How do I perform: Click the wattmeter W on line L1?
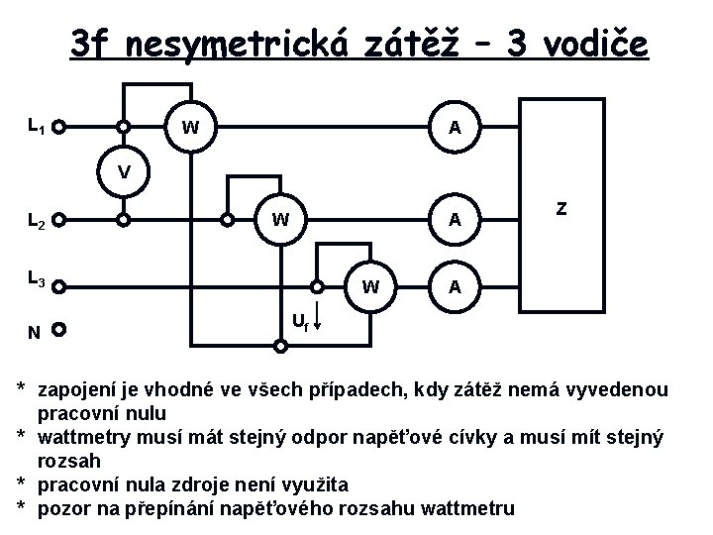tap(191, 127)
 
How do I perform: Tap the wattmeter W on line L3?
tap(369, 288)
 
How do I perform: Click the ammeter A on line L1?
tap(453, 127)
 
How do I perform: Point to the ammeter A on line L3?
tap(453, 288)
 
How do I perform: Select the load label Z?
tap(561, 209)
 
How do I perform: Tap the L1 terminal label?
tap(36, 126)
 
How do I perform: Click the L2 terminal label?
tap(36, 221)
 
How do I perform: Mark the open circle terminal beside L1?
tap(59, 128)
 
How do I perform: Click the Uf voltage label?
tap(298, 321)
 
